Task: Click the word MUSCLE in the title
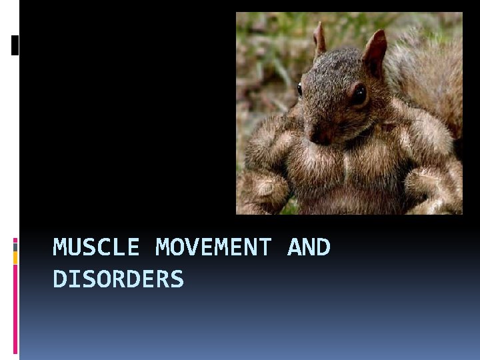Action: click(96, 247)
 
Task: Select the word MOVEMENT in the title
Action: click(213, 247)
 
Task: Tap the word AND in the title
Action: click(309, 247)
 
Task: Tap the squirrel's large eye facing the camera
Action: click(359, 94)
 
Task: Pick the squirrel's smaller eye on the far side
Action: click(299, 89)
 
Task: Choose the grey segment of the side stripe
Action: click(15, 247)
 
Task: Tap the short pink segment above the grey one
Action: click(15, 239)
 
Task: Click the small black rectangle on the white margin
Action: click(15, 45)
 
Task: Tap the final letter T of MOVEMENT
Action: click(265, 247)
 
